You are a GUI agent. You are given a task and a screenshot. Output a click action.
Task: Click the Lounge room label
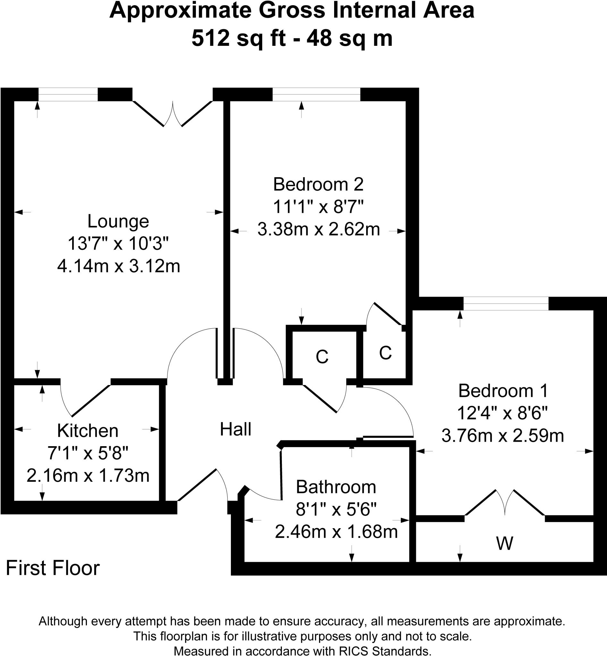click(118, 222)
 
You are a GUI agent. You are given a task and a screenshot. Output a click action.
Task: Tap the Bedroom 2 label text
click(318, 184)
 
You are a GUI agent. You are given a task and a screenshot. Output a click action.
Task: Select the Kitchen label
click(88, 431)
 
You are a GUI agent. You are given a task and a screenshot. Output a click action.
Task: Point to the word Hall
click(235, 430)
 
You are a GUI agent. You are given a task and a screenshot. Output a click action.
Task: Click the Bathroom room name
click(336, 487)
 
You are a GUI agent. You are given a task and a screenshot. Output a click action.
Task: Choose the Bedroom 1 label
click(503, 391)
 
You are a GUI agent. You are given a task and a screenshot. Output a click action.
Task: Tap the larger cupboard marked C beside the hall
click(322, 357)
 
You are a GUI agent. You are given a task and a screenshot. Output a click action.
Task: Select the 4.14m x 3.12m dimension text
click(119, 266)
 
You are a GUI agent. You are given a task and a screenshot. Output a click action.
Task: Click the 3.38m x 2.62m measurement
click(318, 229)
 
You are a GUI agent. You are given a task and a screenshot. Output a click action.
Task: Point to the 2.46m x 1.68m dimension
click(336, 532)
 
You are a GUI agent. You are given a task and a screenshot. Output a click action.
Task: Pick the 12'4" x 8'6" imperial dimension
click(502, 413)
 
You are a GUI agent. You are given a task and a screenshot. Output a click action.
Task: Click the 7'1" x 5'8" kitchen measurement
click(88, 454)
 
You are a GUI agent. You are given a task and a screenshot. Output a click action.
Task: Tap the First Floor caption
click(53, 568)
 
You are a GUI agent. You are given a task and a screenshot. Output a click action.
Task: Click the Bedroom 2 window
click(316, 94)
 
